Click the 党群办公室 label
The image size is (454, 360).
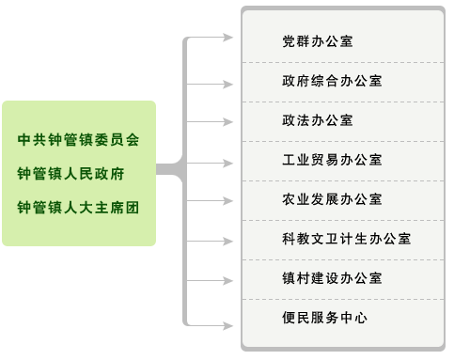click(x=318, y=41)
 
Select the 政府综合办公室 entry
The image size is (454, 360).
click(x=332, y=81)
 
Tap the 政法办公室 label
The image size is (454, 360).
click(x=318, y=120)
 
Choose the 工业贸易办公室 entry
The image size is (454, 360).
click(x=332, y=160)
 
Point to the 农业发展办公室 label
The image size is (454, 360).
click(x=332, y=199)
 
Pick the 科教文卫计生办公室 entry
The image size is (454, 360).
click(x=346, y=239)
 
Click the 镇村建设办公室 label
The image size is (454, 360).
click(x=332, y=278)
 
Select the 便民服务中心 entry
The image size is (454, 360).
click(x=324, y=318)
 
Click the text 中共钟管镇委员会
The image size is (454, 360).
click(x=78, y=140)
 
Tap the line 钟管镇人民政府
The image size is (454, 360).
click(x=71, y=174)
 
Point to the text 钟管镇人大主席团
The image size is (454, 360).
click(x=78, y=207)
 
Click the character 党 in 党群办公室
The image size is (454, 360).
click(x=289, y=41)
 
